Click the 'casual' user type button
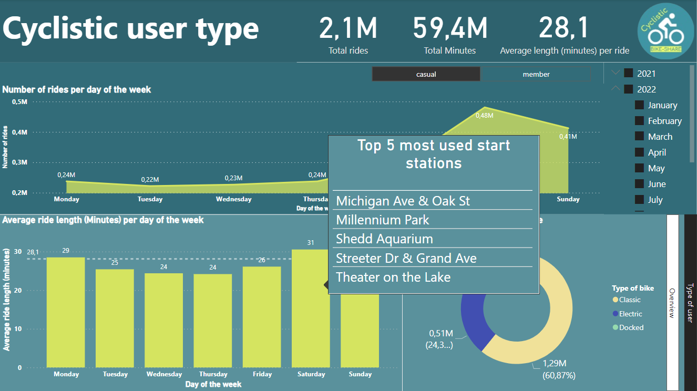point(426,74)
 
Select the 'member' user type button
point(536,74)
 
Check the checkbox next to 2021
point(629,74)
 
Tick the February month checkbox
point(640,121)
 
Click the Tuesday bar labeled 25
point(115,318)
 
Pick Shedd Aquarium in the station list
point(384,239)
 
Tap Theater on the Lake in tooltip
point(393,277)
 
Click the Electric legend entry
point(630,314)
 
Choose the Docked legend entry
point(630,327)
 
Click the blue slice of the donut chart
point(471,315)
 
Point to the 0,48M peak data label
point(484,115)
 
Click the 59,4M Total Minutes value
point(450,28)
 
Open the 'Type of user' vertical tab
point(690,302)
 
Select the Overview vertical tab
point(672,302)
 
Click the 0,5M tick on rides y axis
point(19,101)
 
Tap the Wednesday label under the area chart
point(233,199)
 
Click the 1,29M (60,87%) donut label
point(558,369)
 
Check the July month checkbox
point(640,200)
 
